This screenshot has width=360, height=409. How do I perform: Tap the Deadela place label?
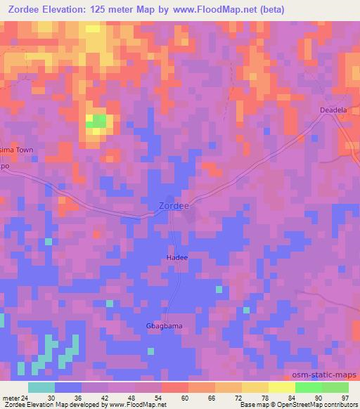[334, 110]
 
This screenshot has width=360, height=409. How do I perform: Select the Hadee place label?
[177, 258]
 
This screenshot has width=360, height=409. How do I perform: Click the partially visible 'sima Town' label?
[16, 150]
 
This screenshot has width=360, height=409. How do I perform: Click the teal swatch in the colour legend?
[41, 387]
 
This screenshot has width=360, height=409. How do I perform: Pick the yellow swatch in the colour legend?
[255, 387]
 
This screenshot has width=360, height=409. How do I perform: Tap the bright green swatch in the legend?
[308, 387]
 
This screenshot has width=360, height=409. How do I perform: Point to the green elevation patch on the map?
[96, 121]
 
